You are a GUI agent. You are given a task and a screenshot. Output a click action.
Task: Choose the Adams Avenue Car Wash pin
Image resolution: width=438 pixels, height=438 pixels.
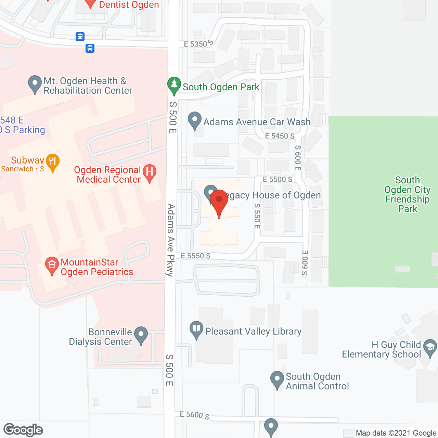coord(195,120)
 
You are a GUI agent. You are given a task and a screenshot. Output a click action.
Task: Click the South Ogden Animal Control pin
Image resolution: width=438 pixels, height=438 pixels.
coord(277,379)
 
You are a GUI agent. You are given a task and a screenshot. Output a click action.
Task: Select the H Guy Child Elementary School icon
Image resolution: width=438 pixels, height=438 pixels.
coord(430,347)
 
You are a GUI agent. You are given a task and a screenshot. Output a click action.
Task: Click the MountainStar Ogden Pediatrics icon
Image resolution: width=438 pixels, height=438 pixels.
coord(52,265)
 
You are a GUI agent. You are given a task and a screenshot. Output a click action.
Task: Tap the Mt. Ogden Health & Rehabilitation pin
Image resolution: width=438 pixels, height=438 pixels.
coord(35,83)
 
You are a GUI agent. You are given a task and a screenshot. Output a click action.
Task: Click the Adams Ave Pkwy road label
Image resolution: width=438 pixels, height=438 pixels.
coord(171,240)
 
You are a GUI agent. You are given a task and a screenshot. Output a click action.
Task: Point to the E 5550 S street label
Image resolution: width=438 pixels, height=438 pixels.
coord(196,256)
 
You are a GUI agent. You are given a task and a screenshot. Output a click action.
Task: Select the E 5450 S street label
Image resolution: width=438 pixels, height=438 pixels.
coord(280,136)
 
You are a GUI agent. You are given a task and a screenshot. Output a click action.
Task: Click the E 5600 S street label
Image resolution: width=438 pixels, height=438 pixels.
coord(194,415)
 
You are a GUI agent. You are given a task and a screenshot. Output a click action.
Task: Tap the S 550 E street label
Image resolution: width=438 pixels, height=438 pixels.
coord(257,216)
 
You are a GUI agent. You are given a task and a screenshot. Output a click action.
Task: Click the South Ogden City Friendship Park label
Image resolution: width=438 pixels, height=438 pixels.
coord(407,194)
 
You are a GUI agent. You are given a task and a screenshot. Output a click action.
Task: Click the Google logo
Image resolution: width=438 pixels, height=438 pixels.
coord(23,430)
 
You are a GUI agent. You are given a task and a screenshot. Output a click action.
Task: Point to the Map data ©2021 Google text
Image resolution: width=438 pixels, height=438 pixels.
coord(396,433)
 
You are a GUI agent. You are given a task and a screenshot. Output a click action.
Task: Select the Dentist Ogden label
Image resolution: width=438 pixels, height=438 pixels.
coord(129,5)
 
